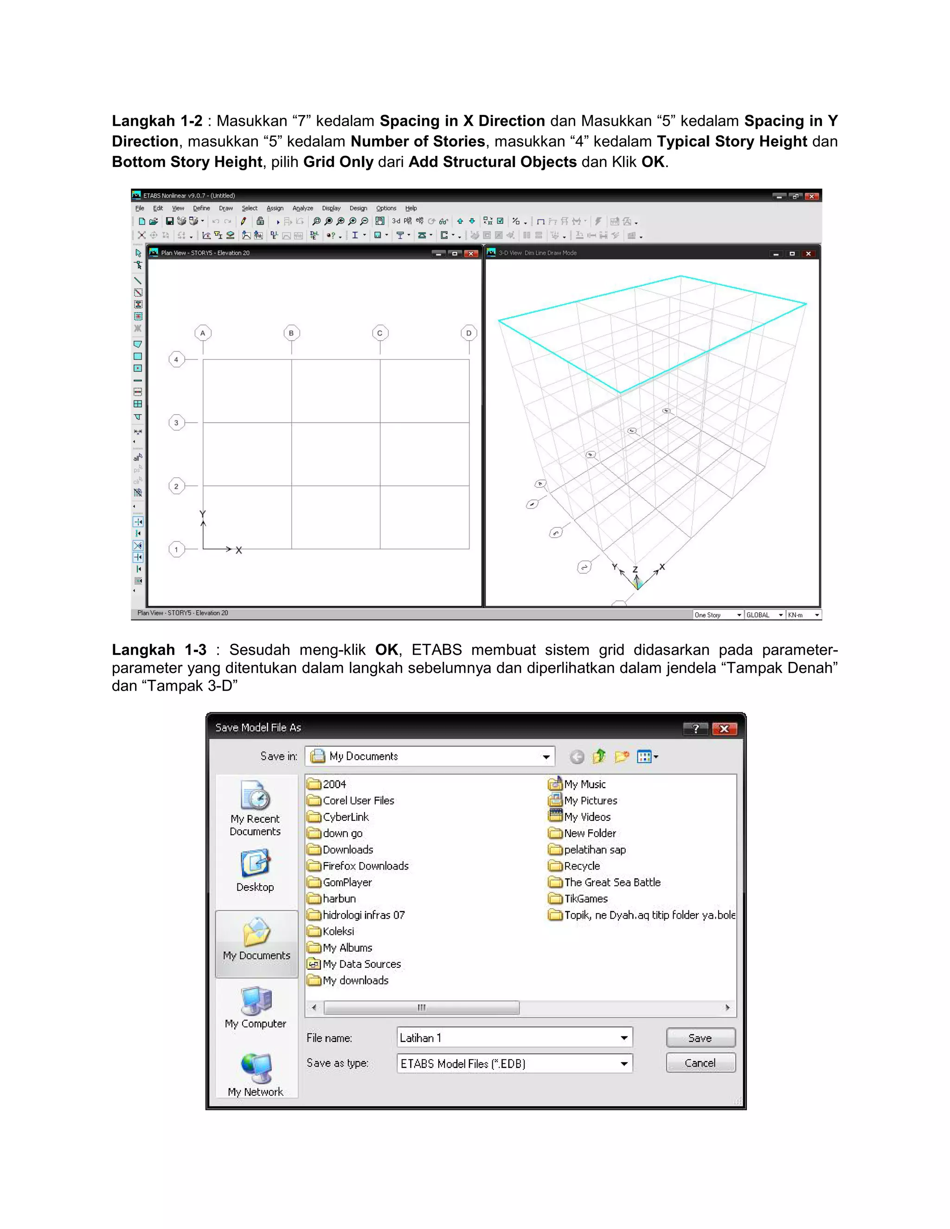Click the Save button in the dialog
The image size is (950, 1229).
(x=700, y=1037)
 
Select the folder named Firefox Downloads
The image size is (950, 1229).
(x=365, y=866)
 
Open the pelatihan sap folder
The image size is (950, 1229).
(x=594, y=850)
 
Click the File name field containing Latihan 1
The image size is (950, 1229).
(x=507, y=1037)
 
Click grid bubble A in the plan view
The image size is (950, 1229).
(x=203, y=333)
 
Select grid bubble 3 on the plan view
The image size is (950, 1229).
(x=176, y=422)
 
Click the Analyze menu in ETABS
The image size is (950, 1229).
(x=302, y=208)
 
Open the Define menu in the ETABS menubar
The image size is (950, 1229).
(x=201, y=208)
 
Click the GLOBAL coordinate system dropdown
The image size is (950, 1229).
(x=764, y=615)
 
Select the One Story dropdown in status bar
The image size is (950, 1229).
(x=718, y=615)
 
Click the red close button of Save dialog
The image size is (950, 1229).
(x=724, y=729)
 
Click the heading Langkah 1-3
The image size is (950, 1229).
(x=159, y=650)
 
